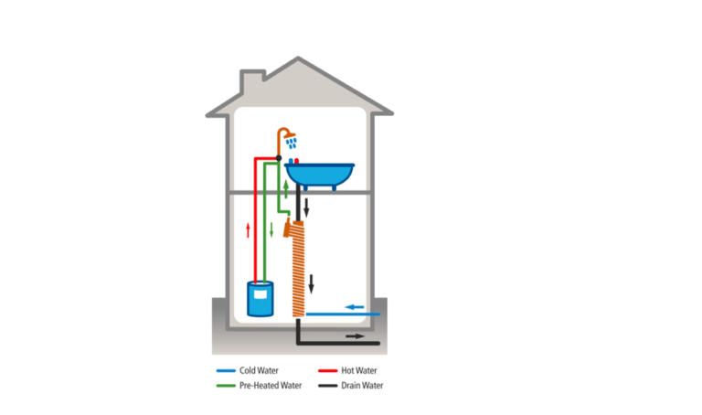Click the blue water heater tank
[x=261, y=298]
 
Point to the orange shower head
[x=291, y=139]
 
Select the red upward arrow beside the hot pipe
[x=248, y=229]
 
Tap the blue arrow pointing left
[x=354, y=306]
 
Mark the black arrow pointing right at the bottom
[x=356, y=336]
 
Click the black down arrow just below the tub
[x=307, y=207]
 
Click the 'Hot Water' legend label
[x=359, y=371]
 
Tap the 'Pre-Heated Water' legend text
[x=271, y=386]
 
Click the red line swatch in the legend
[x=326, y=371]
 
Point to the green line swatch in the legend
[x=226, y=386]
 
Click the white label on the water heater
[x=262, y=294]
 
